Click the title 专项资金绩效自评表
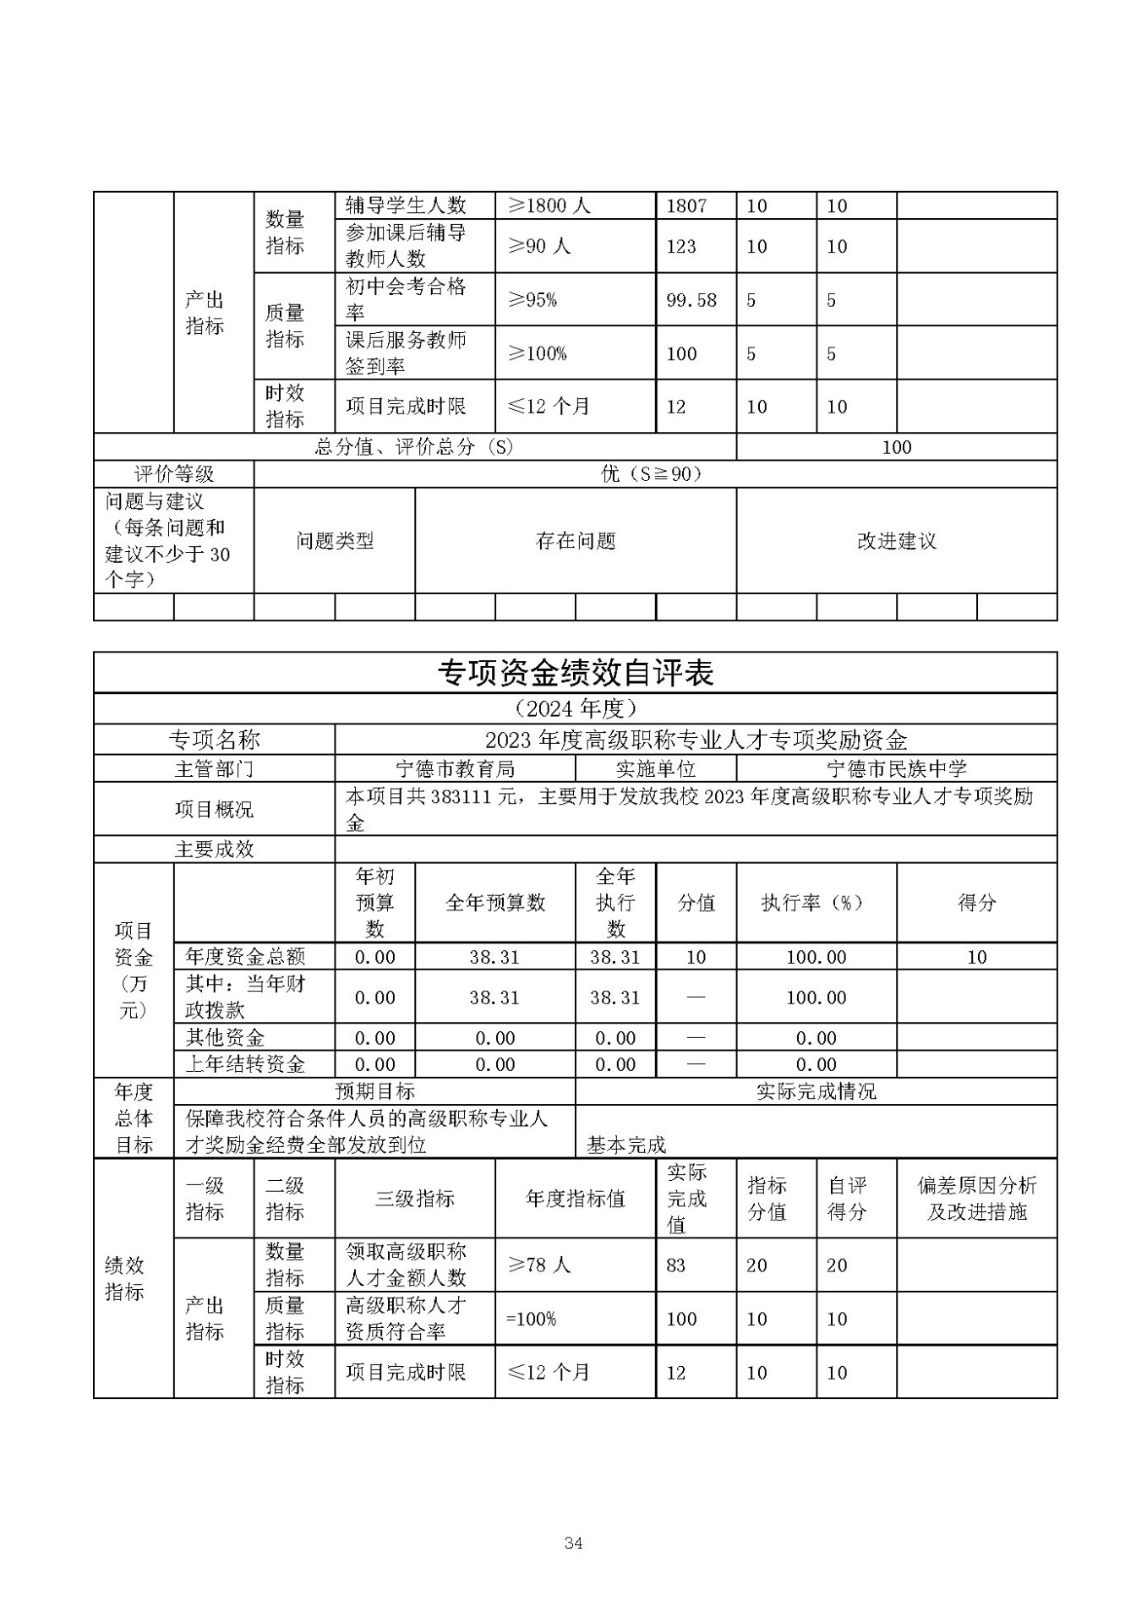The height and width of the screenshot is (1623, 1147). coord(575,673)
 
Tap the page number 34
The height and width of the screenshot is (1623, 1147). coord(573,1543)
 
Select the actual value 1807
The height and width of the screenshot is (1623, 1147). coord(686,205)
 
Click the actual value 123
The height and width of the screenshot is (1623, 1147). coord(681,246)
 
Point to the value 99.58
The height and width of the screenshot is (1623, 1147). coord(691,300)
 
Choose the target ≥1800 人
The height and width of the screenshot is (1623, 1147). coord(548,205)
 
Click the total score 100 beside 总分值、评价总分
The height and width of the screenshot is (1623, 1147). coord(896,447)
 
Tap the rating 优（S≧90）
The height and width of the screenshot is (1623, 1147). coord(654,474)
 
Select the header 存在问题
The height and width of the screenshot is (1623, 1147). coord(576,541)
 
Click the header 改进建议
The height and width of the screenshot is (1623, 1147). coord(896,541)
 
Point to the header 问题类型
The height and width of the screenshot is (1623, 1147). coord(335,541)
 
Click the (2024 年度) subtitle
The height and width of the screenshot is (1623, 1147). coord(575,708)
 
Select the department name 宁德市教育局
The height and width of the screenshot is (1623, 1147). coord(455,768)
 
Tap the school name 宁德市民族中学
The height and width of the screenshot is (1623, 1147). coord(896,768)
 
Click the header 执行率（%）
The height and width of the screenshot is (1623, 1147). coord(816,903)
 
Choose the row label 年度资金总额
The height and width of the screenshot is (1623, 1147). coord(245,957)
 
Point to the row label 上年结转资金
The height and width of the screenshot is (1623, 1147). coord(245,1064)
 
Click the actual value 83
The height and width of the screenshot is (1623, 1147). coord(675,1265)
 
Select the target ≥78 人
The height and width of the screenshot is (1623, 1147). coord(538,1265)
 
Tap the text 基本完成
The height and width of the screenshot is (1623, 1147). coord(626,1145)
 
